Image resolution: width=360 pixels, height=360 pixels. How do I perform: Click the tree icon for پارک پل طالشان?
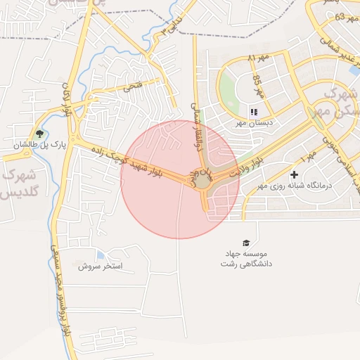click(x=39, y=134)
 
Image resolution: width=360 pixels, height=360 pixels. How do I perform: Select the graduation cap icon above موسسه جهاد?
click(x=246, y=242)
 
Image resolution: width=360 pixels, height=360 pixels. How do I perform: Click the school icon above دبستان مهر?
click(x=254, y=112)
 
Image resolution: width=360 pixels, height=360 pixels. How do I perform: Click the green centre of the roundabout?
click(x=202, y=181)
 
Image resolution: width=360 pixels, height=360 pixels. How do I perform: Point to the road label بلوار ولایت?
click(x=249, y=166)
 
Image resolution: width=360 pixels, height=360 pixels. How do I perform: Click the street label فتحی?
click(x=133, y=87)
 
